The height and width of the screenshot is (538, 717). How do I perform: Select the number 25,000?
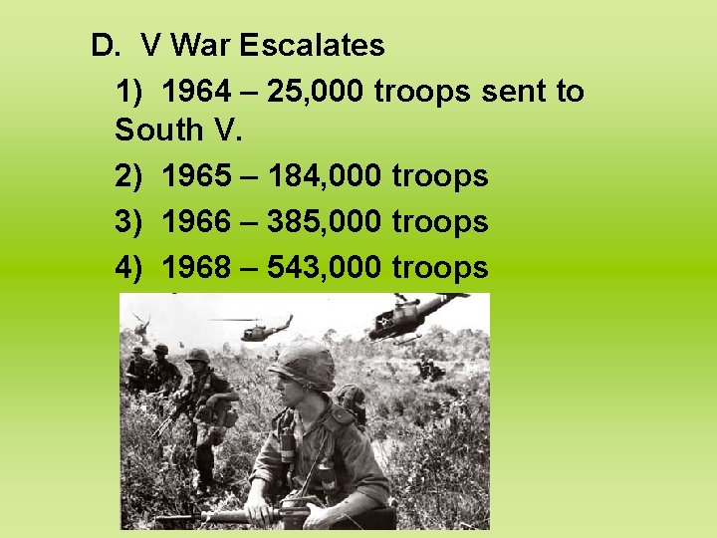(x=312, y=92)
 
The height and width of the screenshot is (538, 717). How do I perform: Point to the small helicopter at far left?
(x=140, y=325)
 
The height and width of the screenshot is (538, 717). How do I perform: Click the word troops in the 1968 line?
(x=440, y=267)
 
